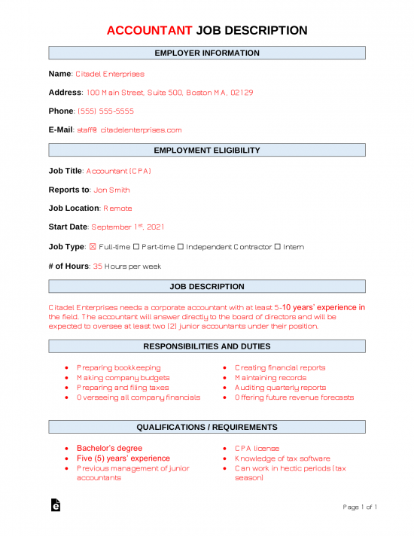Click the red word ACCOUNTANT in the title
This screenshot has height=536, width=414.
click(149, 31)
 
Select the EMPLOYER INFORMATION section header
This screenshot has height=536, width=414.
click(207, 53)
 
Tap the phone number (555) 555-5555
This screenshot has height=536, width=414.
click(106, 111)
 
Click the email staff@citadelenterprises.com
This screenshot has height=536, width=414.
click(129, 130)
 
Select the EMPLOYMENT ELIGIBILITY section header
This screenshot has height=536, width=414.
click(207, 151)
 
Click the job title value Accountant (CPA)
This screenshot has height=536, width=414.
click(119, 171)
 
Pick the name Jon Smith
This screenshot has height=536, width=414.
click(111, 190)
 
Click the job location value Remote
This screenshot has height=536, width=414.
click(117, 209)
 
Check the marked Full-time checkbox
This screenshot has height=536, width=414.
click(93, 247)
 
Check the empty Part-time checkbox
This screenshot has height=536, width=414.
click(146, 247)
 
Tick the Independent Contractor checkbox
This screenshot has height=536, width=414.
click(181, 247)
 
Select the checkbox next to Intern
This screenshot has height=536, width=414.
click(278, 247)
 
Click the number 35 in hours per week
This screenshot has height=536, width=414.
click(97, 266)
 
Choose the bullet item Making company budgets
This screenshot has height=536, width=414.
click(123, 378)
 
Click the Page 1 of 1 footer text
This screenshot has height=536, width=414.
click(360, 507)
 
